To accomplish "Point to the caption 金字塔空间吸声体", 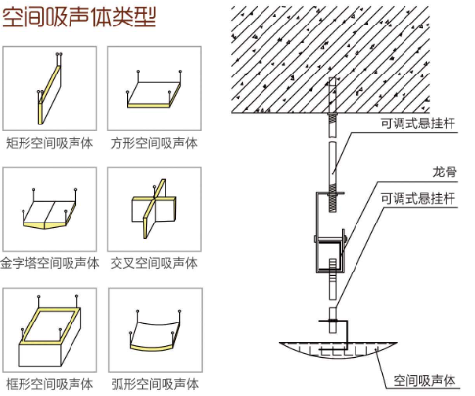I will tap(50, 263).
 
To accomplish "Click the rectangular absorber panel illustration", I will tap(49, 89).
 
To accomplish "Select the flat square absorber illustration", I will tap(154, 92).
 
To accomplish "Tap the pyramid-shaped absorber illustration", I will tap(49, 212).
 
